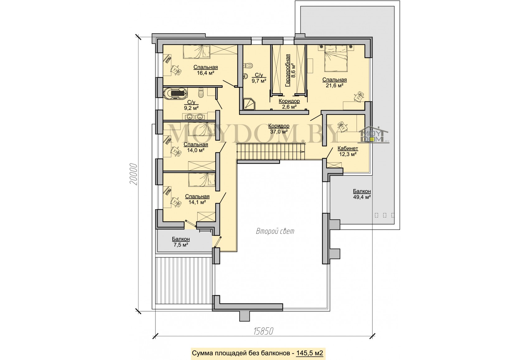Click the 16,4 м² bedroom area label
[205, 73]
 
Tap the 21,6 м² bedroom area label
[335, 86]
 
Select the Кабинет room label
[348, 149]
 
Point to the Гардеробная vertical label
[288, 70]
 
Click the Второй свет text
[275, 231]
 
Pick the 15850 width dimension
[263, 331]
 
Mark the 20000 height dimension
[133, 174]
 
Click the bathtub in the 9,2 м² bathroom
[175, 94]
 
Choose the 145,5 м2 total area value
[310, 353]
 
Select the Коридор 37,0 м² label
[279, 129]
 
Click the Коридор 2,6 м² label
[289, 104]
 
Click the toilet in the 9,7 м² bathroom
[248, 65]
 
